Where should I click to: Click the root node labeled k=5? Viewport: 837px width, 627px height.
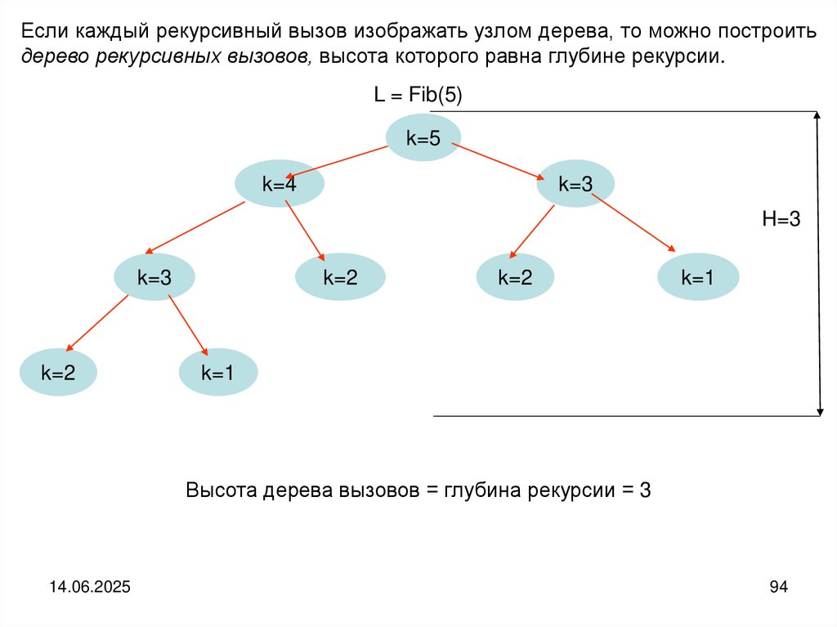pos(423,138)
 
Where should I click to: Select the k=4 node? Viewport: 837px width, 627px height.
pos(279,184)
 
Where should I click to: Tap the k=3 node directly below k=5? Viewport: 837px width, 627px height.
pos(575,184)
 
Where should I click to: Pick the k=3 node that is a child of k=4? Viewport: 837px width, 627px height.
pos(154,277)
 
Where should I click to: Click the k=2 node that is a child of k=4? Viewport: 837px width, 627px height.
pos(340,277)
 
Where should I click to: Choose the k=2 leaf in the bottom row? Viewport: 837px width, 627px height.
pos(58,373)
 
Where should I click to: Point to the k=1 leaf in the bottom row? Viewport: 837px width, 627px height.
pos(218,373)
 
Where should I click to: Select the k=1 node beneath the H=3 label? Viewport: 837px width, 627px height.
pos(698,277)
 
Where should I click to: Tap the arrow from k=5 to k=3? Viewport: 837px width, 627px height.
pos(499,161)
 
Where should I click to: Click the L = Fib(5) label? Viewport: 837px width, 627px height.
pos(418,96)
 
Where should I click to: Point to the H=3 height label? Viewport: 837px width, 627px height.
pos(781,218)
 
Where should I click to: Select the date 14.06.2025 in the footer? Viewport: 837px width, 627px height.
pos(90,587)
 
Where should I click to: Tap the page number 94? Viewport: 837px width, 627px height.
pos(778,587)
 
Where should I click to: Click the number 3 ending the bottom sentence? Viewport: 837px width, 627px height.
pos(645,490)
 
